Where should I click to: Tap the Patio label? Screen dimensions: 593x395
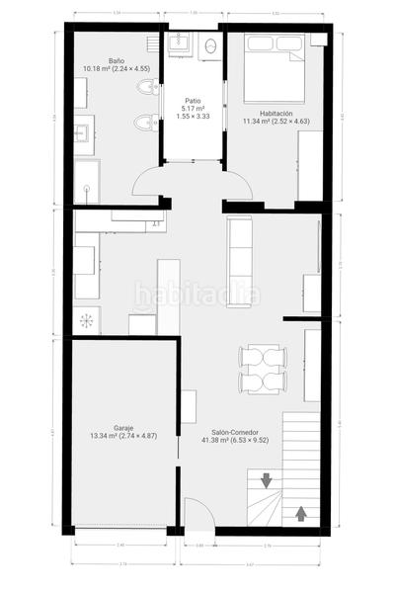pyautogui.click(x=193, y=101)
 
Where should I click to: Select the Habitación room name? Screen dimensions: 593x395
pyautogui.click(x=276, y=113)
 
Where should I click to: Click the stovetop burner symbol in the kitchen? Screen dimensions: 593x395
pyautogui.click(x=87, y=319)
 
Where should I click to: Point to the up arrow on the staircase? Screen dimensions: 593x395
pyautogui.click(x=301, y=514)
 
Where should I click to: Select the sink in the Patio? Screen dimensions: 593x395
pyautogui.click(x=180, y=42)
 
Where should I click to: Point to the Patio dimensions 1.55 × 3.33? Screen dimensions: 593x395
pyautogui.click(x=193, y=117)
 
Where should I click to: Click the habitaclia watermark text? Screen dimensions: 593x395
pyautogui.click(x=197, y=295)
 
